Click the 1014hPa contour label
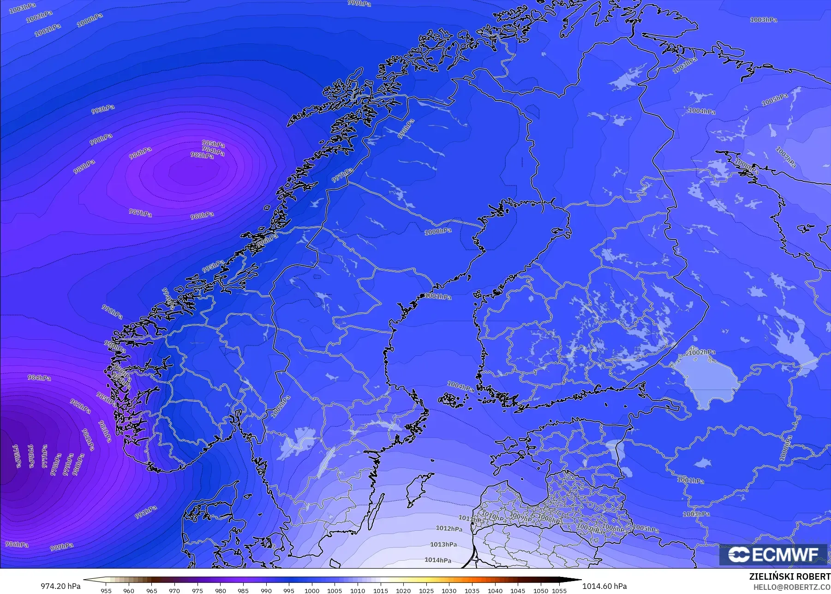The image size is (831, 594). pos(438,560)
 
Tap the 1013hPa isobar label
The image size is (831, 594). pos(443,544)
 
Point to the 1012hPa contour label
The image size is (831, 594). pos(449,528)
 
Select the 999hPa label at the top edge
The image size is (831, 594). pos(359,3)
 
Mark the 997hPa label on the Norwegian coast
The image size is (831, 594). pos(342,175)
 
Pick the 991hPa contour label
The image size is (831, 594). pos(146,512)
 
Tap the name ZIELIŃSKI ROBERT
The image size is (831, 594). pos(789,576)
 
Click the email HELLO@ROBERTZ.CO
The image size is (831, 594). pos(792,587)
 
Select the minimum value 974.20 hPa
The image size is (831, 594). pos(60,586)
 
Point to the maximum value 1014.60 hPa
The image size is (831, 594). pos(604,586)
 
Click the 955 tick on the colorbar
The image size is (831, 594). pos(106,590)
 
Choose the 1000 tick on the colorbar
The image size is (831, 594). pos(312,590)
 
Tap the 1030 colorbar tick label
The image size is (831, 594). pos(449,590)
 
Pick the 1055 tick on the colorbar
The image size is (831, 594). pos(559,590)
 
